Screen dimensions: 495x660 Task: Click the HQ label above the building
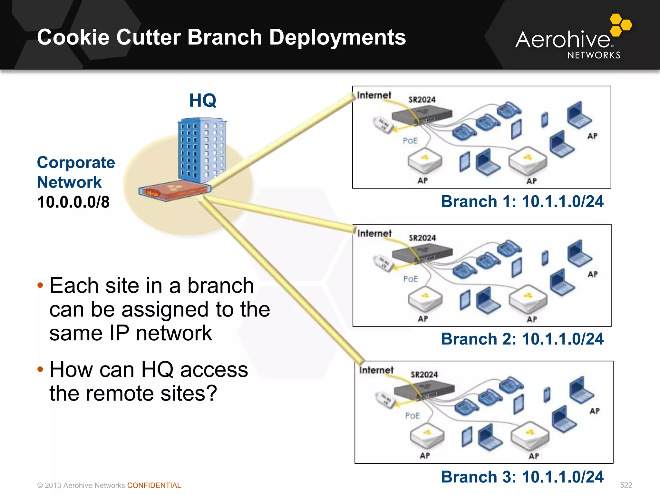(x=202, y=101)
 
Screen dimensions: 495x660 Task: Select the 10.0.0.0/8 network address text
(x=73, y=202)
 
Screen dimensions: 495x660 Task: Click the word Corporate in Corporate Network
(x=76, y=162)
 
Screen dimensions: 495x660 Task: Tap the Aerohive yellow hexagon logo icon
(x=621, y=25)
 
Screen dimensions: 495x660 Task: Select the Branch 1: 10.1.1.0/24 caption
(x=522, y=201)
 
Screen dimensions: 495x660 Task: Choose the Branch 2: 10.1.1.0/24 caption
(x=522, y=339)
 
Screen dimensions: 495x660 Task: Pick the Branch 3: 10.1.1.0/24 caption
(x=522, y=477)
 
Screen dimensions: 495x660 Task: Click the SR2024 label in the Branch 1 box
(x=422, y=100)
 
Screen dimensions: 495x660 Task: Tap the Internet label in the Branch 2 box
(x=374, y=233)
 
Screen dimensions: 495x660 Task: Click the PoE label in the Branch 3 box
(x=412, y=416)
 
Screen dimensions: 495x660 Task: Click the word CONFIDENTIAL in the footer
(x=154, y=485)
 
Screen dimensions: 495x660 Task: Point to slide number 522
(x=626, y=485)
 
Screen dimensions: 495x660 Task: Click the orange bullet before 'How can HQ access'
(x=40, y=369)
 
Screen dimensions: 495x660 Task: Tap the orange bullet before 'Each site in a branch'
(x=40, y=286)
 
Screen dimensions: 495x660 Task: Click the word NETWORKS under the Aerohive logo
(x=594, y=55)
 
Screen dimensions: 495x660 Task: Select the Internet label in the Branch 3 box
(x=376, y=370)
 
